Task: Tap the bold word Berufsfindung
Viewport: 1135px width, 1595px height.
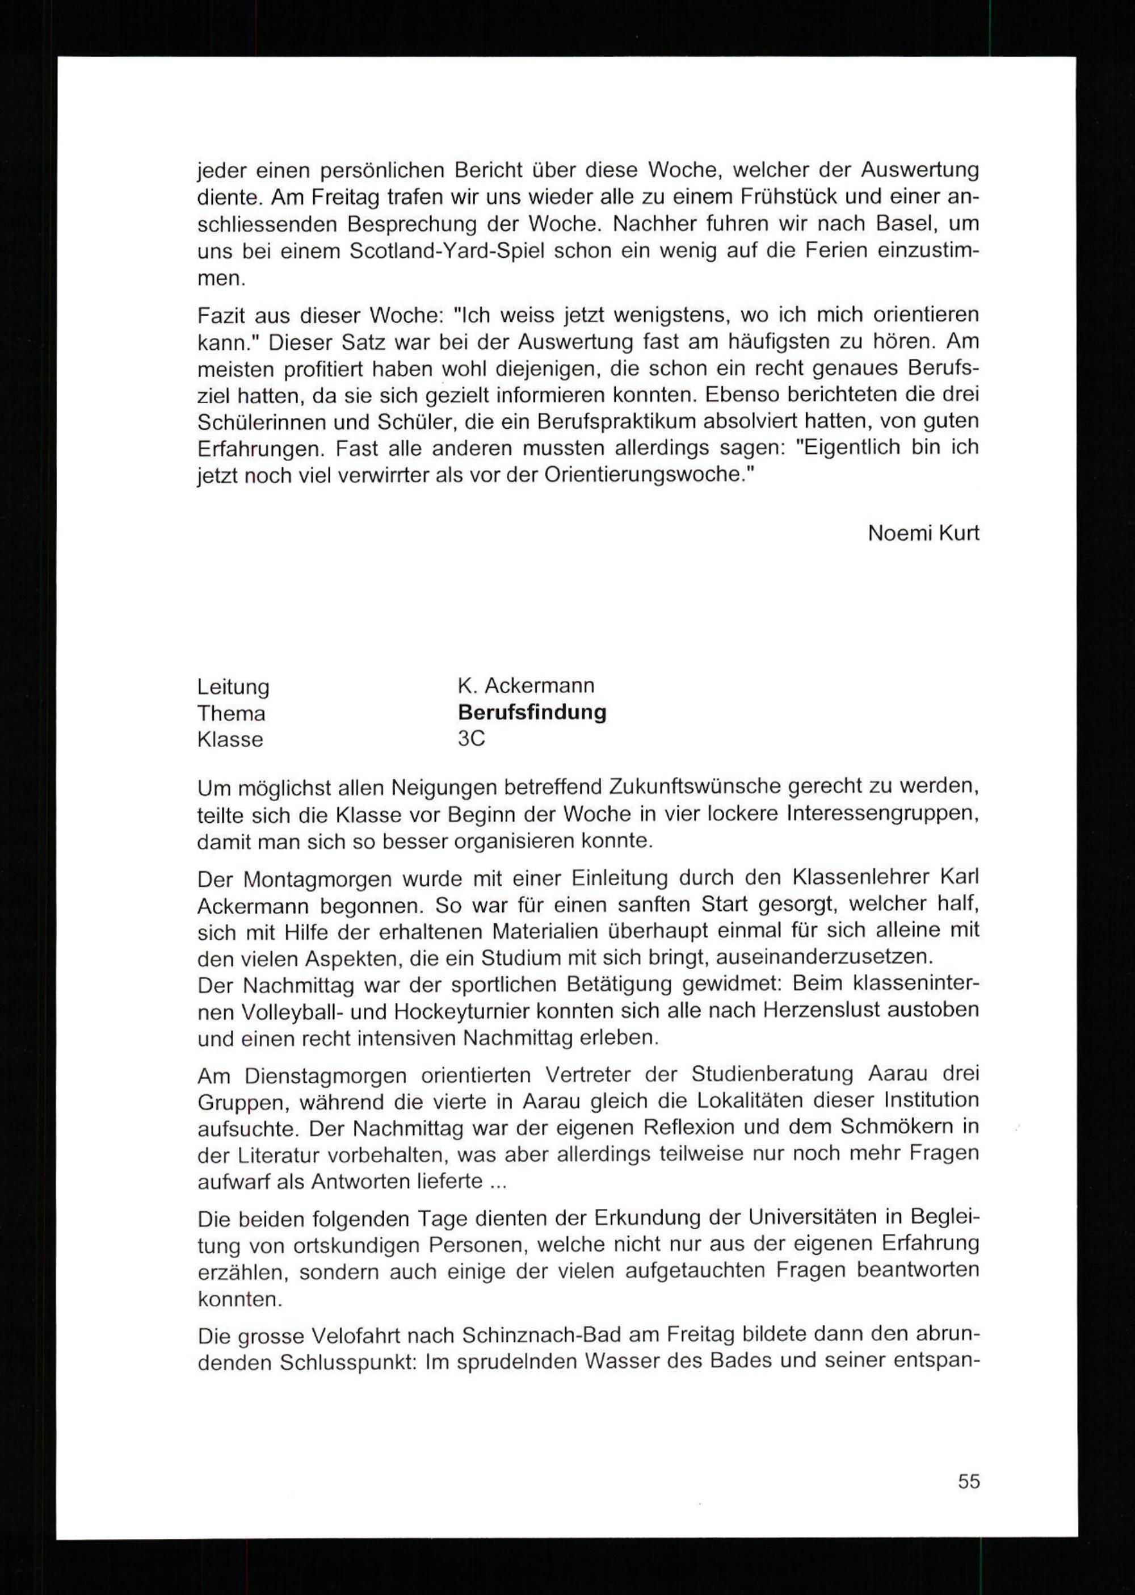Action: pyautogui.click(x=532, y=713)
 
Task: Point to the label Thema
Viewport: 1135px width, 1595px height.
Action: pyautogui.click(x=232, y=713)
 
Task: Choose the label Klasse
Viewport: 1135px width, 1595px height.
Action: pyautogui.click(x=230, y=739)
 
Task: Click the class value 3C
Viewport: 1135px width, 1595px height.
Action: pyautogui.click(x=471, y=739)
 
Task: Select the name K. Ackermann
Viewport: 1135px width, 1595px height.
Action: pyautogui.click(x=526, y=686)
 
